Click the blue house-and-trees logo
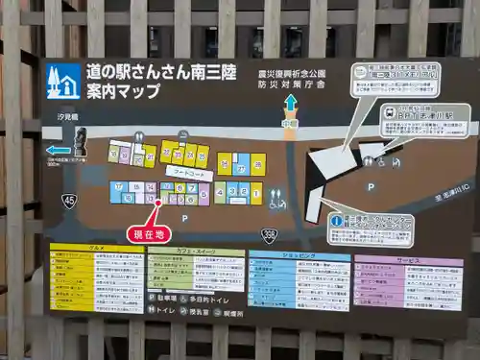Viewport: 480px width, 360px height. click(63, 82)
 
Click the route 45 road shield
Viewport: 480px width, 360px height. click(68, 200)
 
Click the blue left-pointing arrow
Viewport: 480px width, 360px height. click(58, 150)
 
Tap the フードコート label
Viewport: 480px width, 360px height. click(188, 175)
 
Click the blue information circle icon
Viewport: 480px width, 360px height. click(335, 221)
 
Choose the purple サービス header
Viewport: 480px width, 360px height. click(407, 259)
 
